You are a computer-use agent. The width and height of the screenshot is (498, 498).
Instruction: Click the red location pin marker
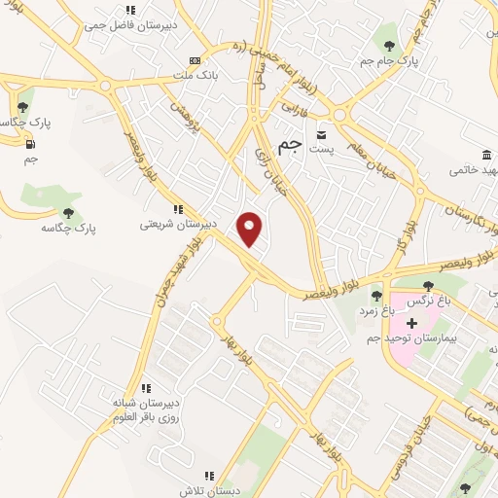coord(251,229)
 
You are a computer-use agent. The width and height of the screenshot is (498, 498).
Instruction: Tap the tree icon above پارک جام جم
coord(389,45)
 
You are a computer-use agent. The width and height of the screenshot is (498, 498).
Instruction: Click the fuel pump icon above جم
coord(30,144)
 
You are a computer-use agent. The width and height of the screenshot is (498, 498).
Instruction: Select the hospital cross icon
coord(411,322)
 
